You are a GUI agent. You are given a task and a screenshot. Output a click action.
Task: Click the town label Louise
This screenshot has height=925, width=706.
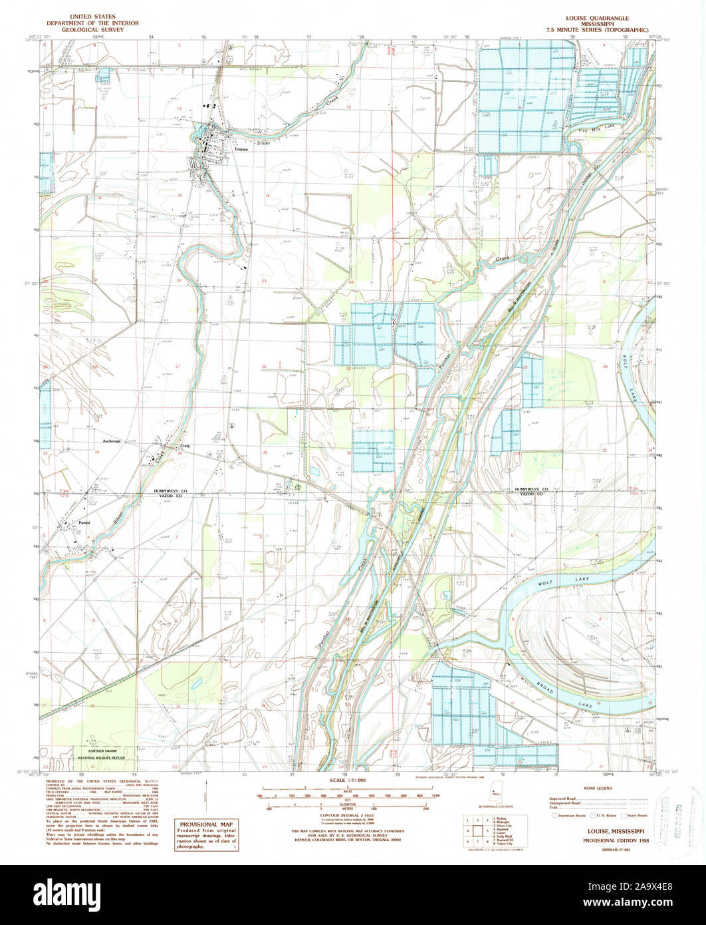(x=241, y=150)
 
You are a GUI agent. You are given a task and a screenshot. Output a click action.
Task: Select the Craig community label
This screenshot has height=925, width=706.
(x=185, y=447)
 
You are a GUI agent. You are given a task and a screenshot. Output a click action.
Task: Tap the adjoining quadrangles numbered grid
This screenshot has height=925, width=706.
(x=476, y=830)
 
